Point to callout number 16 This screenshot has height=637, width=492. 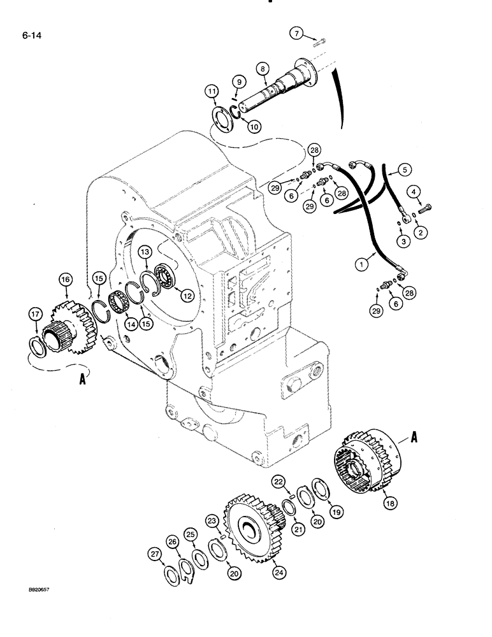[66, 278]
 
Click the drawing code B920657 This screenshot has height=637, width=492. [31, 607]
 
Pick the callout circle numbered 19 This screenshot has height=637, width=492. [336, 510]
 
